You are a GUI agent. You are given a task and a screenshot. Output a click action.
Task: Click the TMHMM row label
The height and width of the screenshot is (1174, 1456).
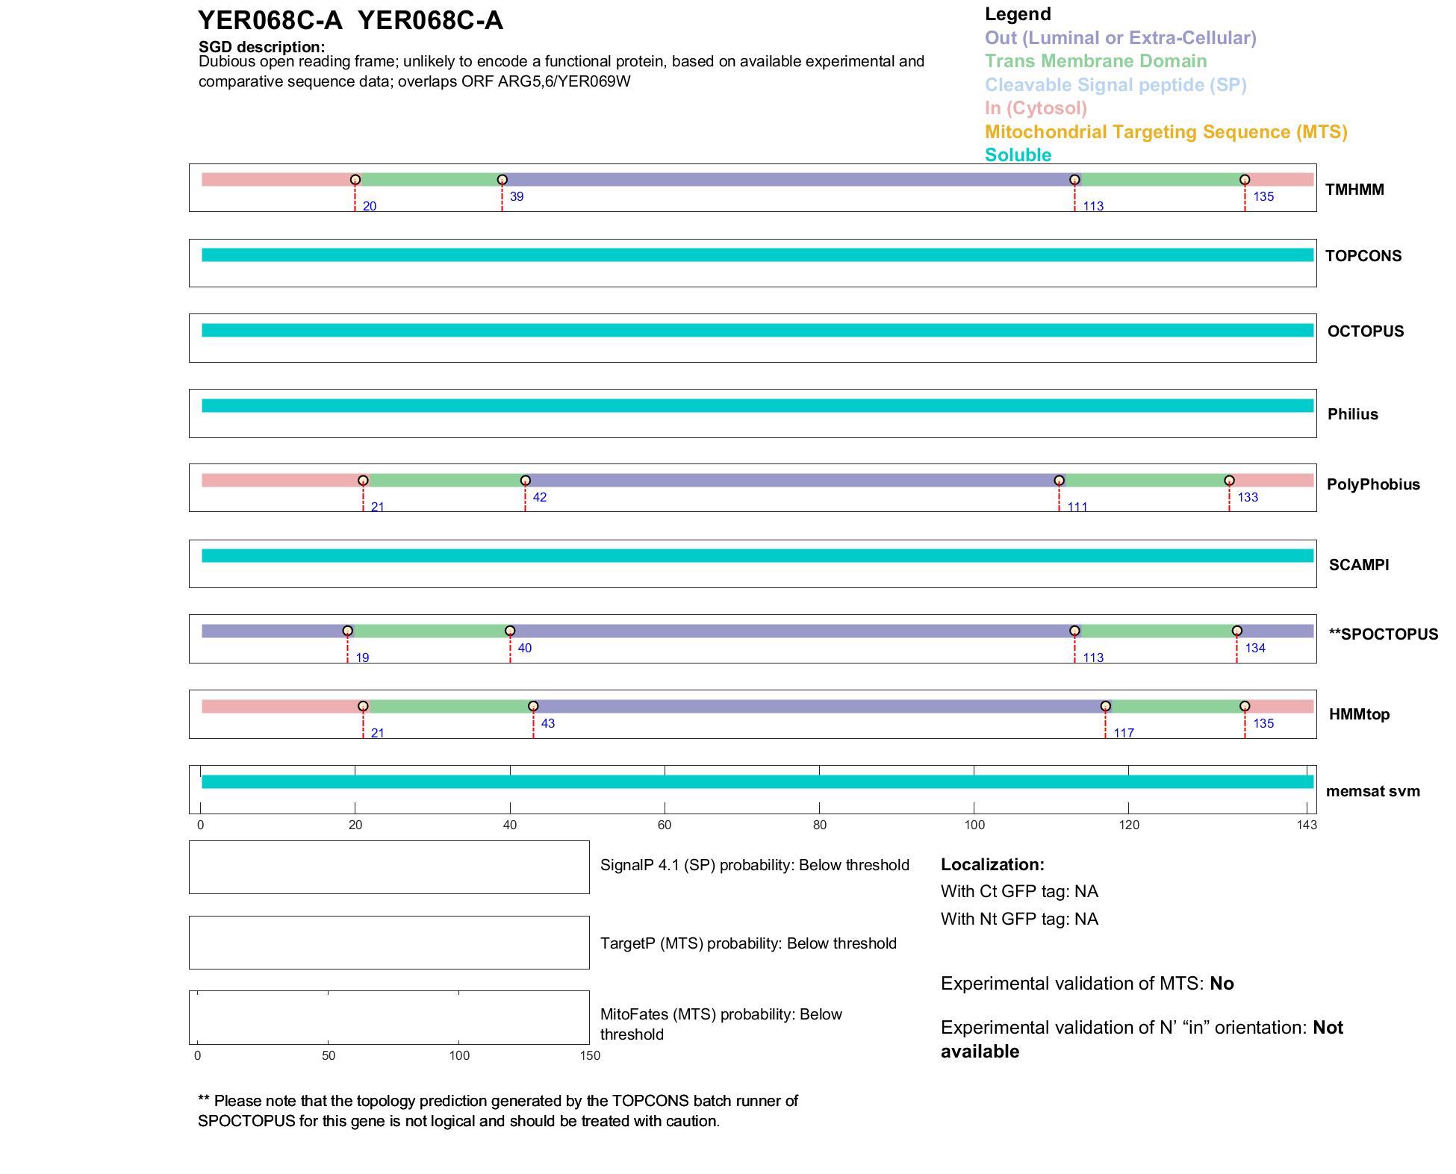(x=1354, y=190)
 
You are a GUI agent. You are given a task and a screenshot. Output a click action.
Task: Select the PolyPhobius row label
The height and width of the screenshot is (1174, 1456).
(x=1372, y=484)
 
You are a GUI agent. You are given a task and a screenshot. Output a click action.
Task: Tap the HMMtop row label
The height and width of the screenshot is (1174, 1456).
(x=1359, y=714)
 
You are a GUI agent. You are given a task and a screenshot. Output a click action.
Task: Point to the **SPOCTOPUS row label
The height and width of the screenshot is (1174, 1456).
(x=1383, y=634)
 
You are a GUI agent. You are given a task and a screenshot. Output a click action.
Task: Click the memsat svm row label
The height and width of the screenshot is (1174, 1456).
(x=1372, y=791)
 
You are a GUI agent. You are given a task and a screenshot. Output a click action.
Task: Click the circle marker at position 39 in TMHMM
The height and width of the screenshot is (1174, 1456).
(x=502, y=180)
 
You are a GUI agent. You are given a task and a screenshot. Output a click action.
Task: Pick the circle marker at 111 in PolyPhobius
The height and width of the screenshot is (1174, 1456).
(x=1059, y=481)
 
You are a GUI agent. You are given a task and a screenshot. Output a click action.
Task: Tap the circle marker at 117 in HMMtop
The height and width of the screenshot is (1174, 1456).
(x=1105, y=706)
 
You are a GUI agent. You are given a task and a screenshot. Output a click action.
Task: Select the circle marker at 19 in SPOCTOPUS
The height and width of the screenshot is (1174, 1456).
(x=347, y=631)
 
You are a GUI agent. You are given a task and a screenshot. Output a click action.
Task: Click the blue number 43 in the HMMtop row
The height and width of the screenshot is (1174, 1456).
(x=547, y=723)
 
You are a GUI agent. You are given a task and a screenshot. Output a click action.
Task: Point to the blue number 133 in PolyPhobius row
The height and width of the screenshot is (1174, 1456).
(x=1247, y=497)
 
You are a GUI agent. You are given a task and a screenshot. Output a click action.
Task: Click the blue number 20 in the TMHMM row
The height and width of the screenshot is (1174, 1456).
(x=369, y=206)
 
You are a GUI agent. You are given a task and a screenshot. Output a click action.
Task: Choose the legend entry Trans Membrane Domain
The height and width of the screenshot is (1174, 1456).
(x=1095, y=61)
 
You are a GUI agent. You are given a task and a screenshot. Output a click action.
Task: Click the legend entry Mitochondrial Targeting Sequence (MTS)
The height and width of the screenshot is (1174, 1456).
(x=1166, y=132)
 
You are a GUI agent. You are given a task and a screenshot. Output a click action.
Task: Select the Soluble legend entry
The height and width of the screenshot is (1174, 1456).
(x=1018, y=155)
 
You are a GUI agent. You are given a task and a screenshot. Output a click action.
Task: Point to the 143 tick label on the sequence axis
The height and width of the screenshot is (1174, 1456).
(x=1307, y=825)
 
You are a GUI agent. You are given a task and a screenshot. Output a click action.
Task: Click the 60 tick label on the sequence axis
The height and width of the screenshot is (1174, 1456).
(x=665, y=825)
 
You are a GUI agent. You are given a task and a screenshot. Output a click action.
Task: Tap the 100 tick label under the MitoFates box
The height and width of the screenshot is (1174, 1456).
(x=459, y=1055)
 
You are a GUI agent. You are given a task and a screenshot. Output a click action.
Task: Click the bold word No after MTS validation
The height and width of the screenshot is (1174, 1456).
(x=1222, y=984)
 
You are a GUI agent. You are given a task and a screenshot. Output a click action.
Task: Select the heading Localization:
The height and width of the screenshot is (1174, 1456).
(x=992, y=864)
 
